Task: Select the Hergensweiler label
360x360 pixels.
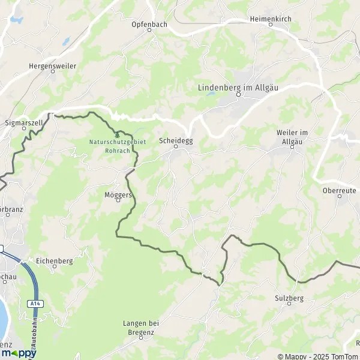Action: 52,65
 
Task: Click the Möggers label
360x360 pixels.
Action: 118,194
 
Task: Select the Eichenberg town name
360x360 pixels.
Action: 54,261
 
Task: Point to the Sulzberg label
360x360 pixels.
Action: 288,298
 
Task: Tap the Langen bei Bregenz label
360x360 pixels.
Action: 139,328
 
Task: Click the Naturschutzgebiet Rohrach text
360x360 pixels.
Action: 109,146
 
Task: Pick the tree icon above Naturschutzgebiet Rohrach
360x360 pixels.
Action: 117,136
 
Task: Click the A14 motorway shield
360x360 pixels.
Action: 35,304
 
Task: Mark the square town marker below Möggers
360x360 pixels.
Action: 118,200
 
